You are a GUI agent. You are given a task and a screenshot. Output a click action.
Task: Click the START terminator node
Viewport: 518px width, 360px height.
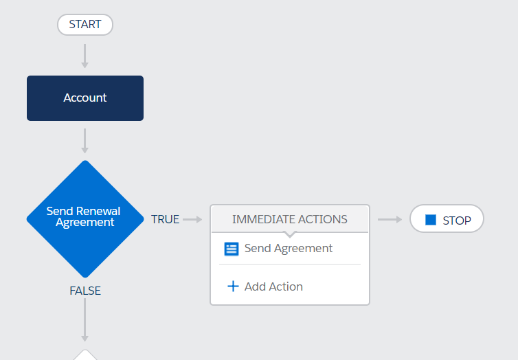(85, 25)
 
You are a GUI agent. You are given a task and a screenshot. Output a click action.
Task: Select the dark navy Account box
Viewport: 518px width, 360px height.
(85, 98)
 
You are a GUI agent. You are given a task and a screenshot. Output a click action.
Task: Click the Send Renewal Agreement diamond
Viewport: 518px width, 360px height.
(85, 219)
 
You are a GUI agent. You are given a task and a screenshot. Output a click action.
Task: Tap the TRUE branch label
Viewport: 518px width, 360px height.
(165, 219)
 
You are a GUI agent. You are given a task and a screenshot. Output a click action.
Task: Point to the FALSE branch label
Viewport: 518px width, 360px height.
(85, 291)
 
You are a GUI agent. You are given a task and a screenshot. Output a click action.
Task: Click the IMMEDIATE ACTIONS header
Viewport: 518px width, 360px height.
(290, 219)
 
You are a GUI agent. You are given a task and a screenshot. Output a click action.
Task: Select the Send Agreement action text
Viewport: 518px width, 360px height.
(289, 248)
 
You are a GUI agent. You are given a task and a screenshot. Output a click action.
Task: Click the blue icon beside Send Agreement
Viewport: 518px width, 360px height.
(232, 249)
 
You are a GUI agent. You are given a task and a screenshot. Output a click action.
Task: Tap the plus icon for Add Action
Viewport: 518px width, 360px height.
(233, 286)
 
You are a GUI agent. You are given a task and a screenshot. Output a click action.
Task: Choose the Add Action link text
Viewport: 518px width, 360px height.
(273, 286)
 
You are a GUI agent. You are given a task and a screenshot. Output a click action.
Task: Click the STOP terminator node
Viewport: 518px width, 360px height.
(447, 218)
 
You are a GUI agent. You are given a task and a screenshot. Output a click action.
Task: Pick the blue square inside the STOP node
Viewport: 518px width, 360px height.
(431, 220)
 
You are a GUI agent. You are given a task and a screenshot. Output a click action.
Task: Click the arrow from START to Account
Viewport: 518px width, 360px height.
(85, 56)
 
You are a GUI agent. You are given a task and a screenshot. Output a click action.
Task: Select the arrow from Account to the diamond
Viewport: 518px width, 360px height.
(85, 141)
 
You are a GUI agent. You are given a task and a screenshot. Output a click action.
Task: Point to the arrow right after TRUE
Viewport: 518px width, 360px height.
(192, 219)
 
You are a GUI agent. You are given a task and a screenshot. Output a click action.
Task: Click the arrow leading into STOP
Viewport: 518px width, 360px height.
(390, 219)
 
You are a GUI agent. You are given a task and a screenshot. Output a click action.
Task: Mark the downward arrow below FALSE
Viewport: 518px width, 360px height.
(85, 320)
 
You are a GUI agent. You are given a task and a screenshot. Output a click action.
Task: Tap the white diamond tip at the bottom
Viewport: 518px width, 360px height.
(85, 350)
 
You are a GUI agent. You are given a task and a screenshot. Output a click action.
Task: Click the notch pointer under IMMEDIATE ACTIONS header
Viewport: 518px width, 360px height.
(290, 234)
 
